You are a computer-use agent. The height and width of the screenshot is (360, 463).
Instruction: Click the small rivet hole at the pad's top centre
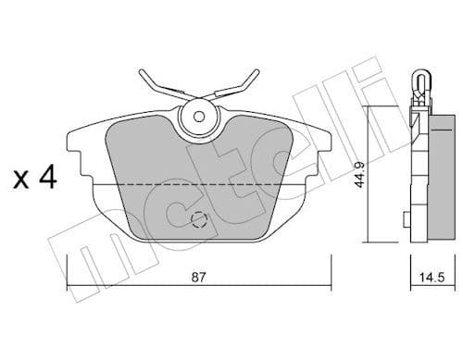[196, 116]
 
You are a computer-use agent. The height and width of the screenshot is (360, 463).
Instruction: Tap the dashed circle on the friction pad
[198, 220]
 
